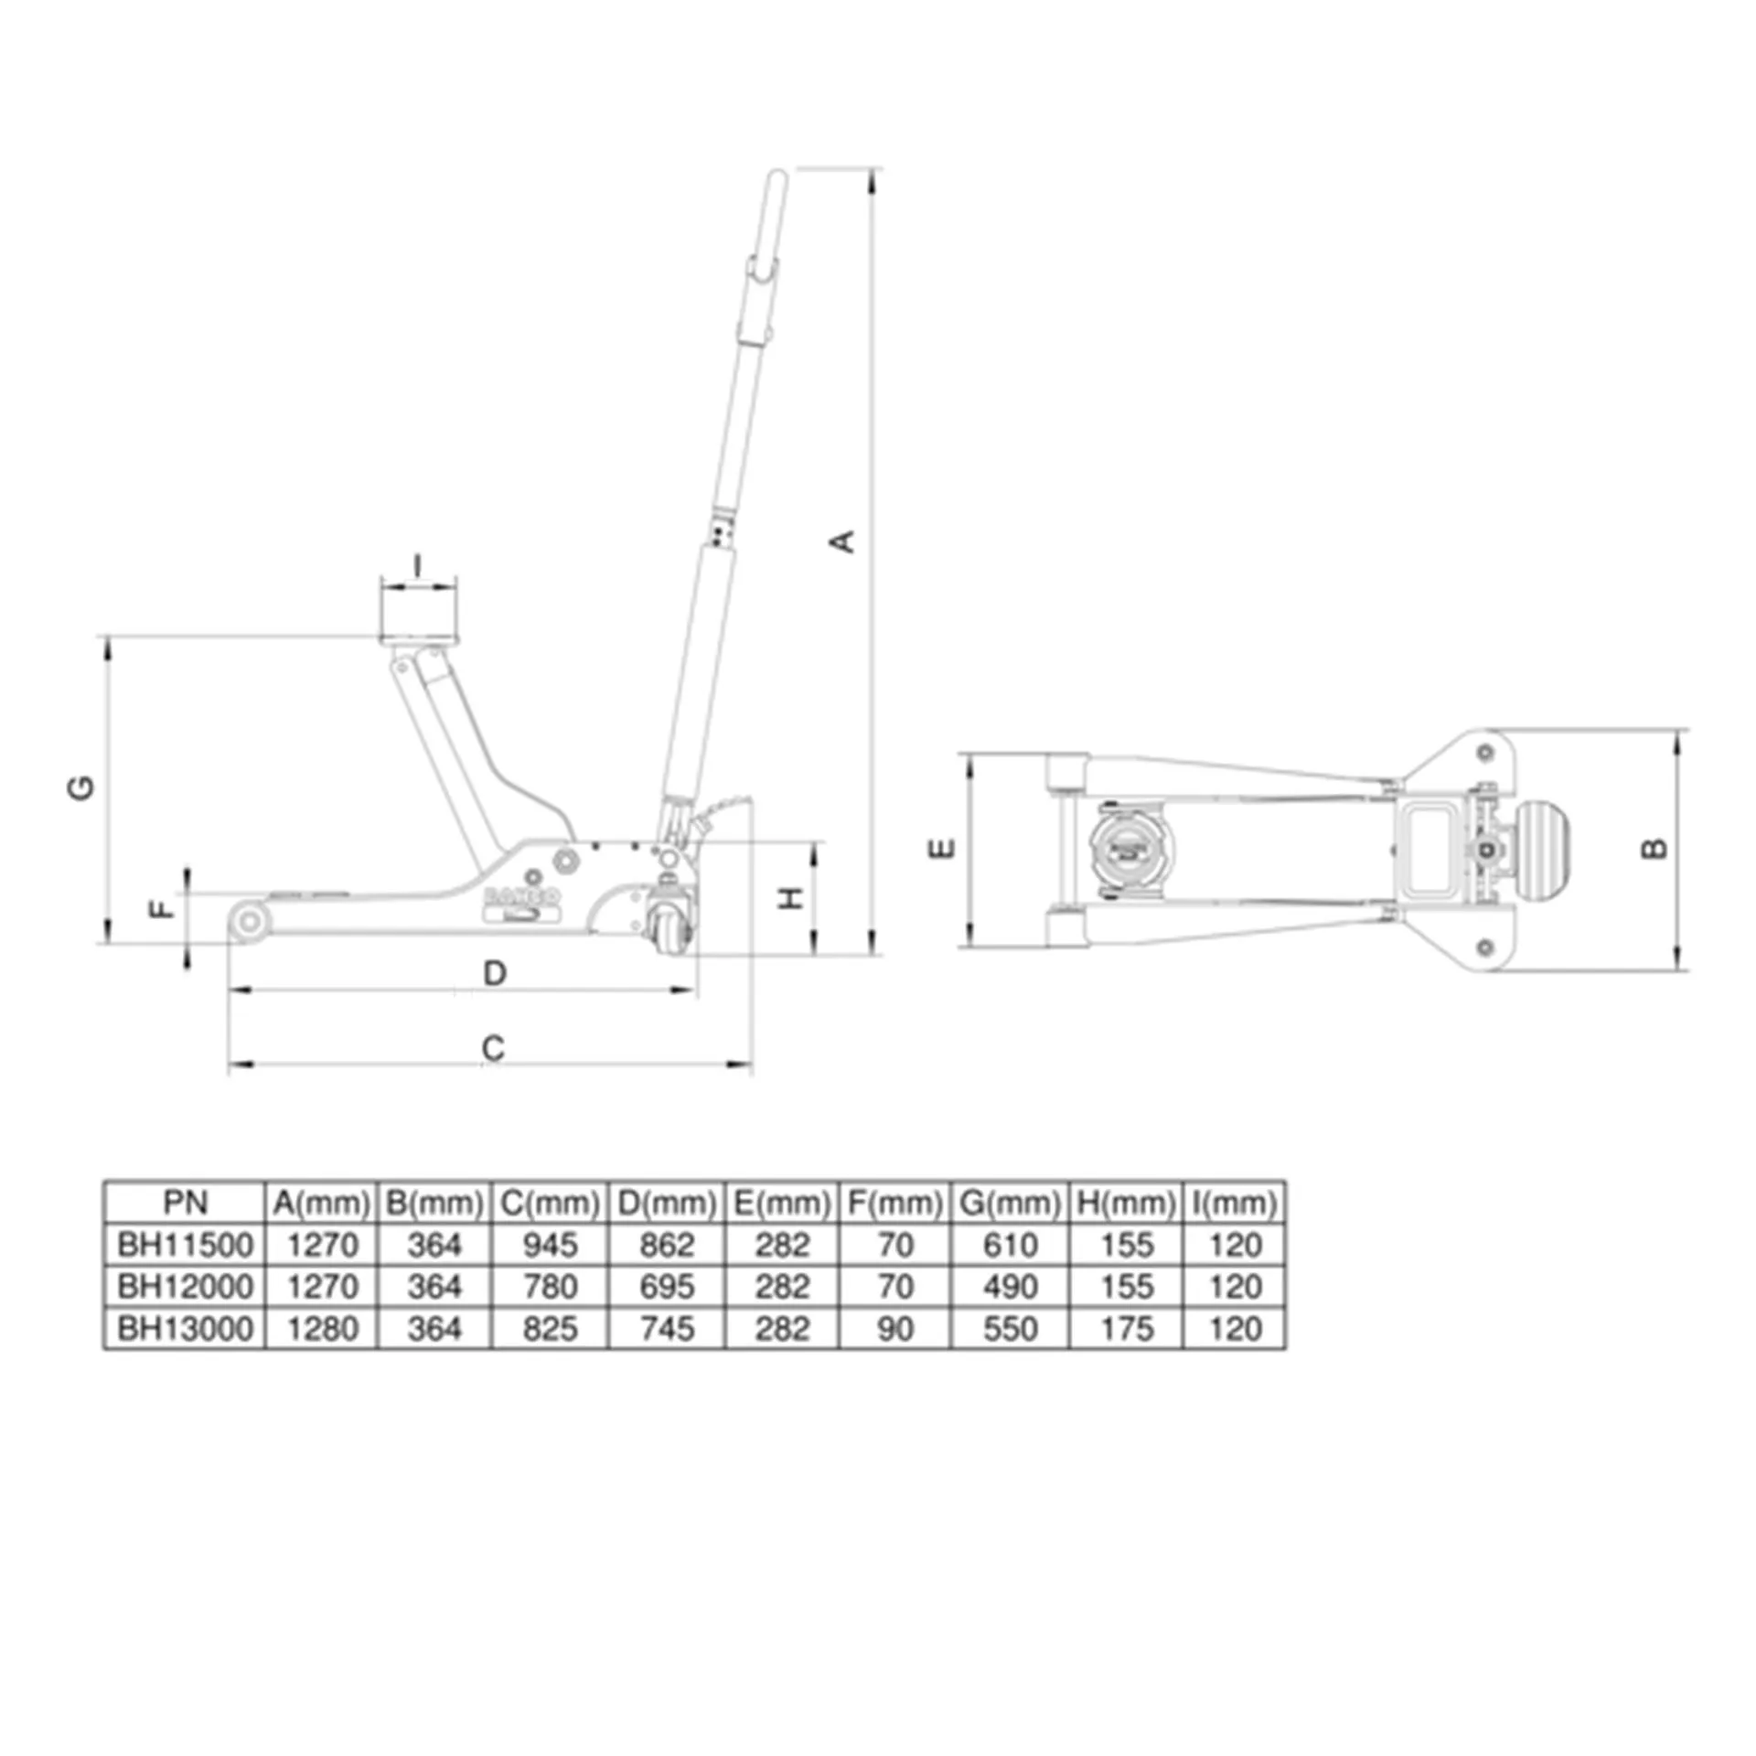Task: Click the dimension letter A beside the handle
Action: pyautogui.click(x=842, y=541)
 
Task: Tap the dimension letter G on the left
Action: pyautogui.click(x=81, y=787)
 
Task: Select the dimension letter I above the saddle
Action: pyautogui.click(x=418, y=565)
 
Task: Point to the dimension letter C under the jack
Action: pyautogui.click(x=493, y=1048)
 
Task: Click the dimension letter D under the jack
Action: pyautogui.click(x=495, y=973)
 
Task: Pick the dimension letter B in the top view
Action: pyautogui.click(x=1654, y=849)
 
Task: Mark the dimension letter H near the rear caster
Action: pyautogui.click(x=791, y=897)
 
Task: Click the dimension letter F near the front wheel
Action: pyautogui.click(x=162, y=908)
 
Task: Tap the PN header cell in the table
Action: pyautogui.click(x=186, y=1203)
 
